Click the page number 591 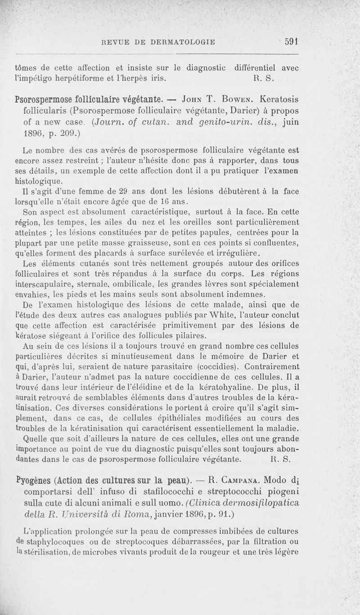(x=292, y=41)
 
